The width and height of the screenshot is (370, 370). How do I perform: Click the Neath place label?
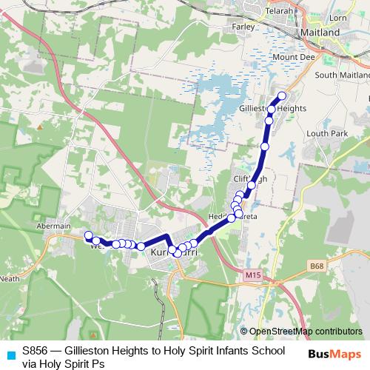click(10, 280)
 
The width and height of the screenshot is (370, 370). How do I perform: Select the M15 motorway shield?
click(253, 275)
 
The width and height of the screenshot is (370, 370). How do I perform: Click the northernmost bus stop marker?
click(281, 96)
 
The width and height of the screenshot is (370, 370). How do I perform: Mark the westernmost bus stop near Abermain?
click(88, 236)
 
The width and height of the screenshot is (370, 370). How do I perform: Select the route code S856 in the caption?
click(36, 350)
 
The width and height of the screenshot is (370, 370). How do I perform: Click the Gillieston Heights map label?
click(273, 108)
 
